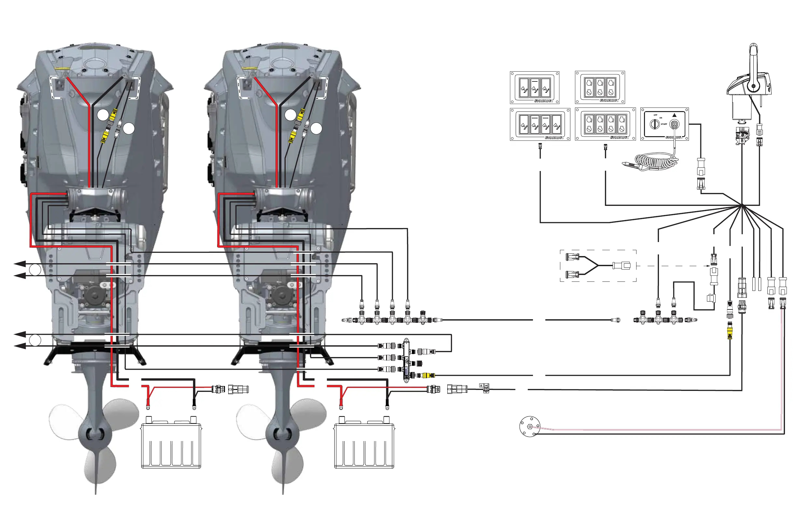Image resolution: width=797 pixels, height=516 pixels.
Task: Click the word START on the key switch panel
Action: coord(664,124)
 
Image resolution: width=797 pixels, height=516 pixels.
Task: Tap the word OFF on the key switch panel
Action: coord(655,115)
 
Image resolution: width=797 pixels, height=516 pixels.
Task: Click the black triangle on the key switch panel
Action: coord(675,115)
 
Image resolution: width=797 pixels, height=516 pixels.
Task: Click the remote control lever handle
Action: coord(753,64)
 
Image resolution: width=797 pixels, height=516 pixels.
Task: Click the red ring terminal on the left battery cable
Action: coord(148,407)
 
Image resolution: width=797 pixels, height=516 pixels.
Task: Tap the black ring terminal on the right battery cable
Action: coord(387,408)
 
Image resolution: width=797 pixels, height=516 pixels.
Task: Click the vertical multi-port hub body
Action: coord(406,360)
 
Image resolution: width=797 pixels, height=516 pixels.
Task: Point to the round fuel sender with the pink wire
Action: coord(529,426)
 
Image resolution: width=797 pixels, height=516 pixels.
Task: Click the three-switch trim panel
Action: coord(535,87)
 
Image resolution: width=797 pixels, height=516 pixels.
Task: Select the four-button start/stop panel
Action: coord(605,124)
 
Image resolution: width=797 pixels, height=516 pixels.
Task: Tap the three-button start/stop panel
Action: coord(600,87)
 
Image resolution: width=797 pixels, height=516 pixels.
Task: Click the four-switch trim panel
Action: coord(540,124)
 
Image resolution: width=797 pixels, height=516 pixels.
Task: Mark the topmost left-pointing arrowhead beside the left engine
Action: coord(20,264)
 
